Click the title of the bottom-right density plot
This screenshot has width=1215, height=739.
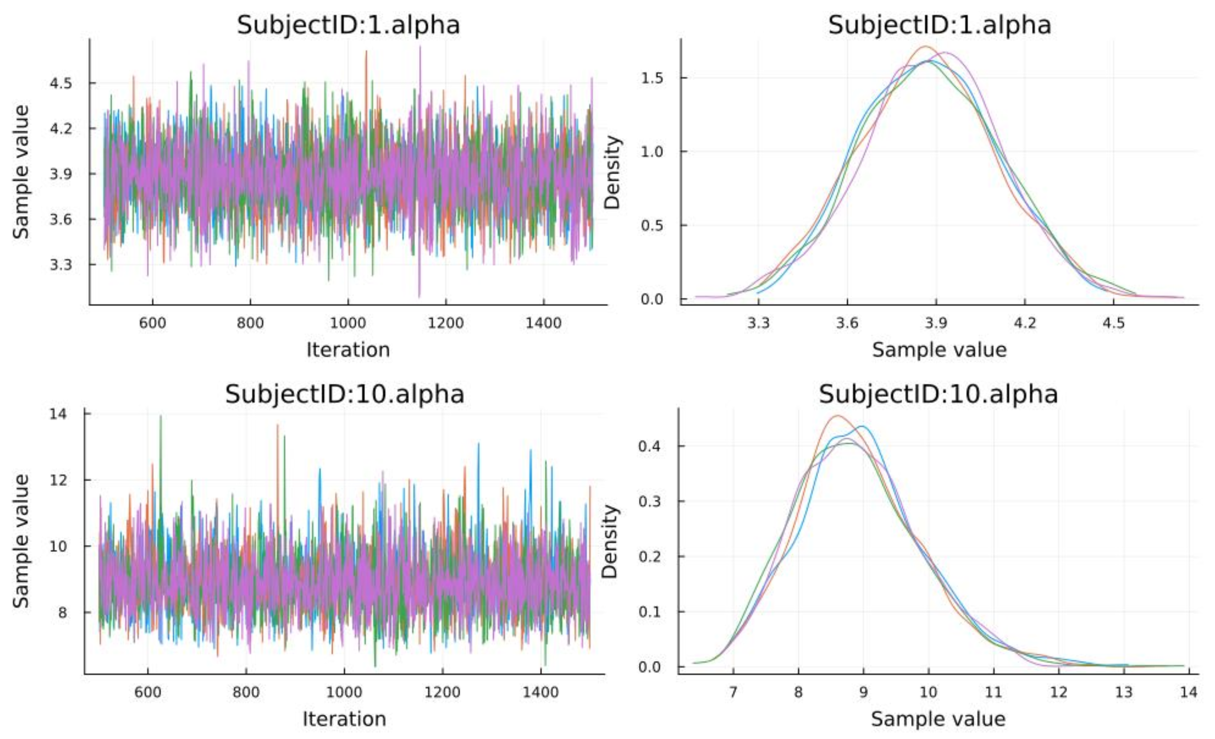point(939,394)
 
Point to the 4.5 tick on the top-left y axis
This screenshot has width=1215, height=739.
point(61,83)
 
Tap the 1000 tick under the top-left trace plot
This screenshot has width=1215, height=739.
point(348,323)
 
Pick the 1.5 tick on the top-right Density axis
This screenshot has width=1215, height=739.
point(652,78)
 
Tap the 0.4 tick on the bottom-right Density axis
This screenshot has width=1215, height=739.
point(650,446)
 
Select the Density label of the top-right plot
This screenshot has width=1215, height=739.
point(613,173)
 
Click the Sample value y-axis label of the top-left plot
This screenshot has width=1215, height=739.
point(21,173)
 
